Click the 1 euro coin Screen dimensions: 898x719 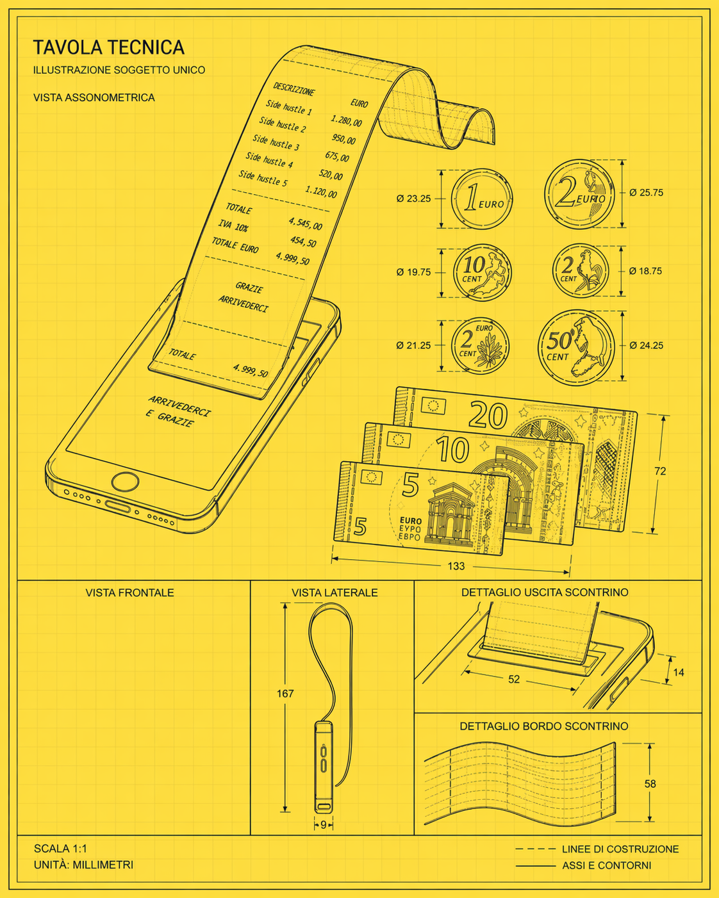tap(482, 199)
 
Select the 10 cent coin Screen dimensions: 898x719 tap(482, 272)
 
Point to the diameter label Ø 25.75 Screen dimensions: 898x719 tap(646, 192)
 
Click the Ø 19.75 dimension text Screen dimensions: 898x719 tap(413, 272)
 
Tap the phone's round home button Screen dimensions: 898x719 tap(126, 482)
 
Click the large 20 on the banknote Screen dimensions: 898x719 tap(488, 416)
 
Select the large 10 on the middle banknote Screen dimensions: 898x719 tap(452, 450)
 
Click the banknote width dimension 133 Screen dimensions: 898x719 tap(456, 566)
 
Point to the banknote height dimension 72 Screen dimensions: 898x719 tap(660, 471)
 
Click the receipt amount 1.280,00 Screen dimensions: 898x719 tap(346, 121)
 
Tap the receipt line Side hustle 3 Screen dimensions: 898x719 tap(276, 142)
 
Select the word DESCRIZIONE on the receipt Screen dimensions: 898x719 tap(294, 89)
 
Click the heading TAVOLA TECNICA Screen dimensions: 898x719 tap(109, 47)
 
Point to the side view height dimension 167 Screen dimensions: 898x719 tap(285, 693)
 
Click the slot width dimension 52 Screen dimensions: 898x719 tap(514, 679)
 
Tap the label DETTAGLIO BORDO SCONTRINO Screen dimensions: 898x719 tap(543, 726)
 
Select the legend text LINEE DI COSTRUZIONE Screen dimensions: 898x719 tap(620, 849)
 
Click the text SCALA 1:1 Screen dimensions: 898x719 tap(60, 849)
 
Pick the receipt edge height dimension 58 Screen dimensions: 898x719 tap(650, 783)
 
